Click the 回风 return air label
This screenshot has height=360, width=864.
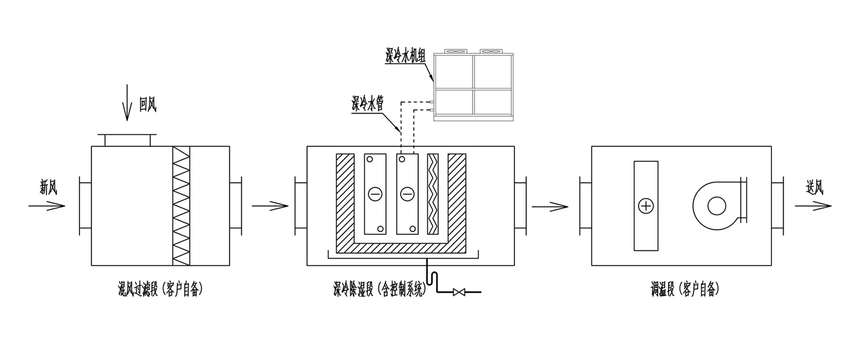[x=148, y=104]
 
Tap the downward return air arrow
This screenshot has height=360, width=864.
[x=127, y=102]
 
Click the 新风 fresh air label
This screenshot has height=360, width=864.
[x=49, y=187]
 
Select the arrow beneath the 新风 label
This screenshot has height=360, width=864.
[x=47, y=206]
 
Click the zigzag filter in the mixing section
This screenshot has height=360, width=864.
[x=181, y=206]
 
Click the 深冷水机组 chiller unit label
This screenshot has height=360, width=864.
[x=406, y=57]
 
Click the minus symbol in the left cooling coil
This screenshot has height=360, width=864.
[x=375, y=194]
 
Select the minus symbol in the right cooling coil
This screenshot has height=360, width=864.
[x=407, y=194]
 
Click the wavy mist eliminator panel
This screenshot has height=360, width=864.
[x=433, y=194]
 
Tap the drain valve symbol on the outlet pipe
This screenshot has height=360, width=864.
[x=459, y=292]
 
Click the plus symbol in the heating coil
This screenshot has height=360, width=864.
[x=646, y=206]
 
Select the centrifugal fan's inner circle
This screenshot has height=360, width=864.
[x=716, y=206]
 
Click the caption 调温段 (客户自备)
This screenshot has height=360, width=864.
[x=684, y=290]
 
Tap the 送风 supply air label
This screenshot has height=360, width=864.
[x=814, y=187]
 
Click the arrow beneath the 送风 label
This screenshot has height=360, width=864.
[x=813, y=206]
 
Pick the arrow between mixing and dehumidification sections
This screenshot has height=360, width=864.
[x=270, y=206]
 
